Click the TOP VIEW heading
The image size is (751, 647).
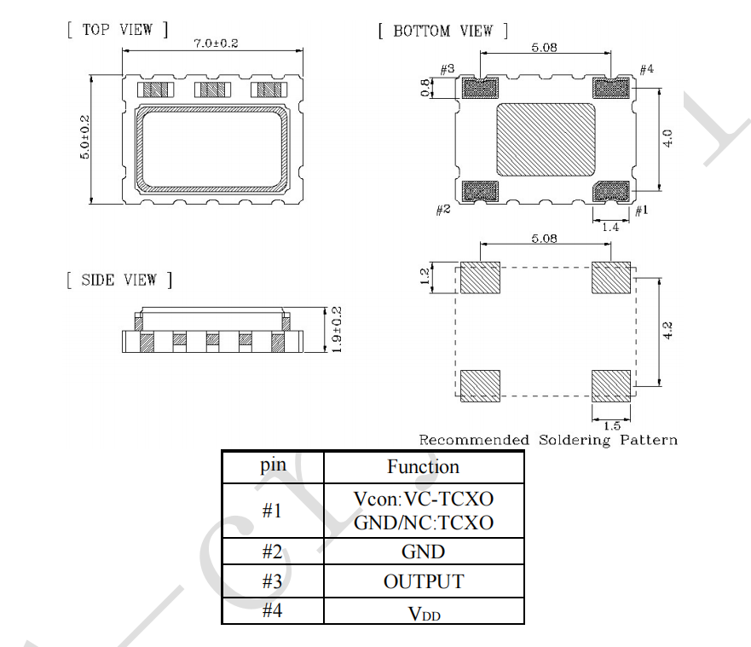117,30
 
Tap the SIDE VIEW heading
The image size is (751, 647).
118,280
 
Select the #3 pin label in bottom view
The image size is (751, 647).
448,68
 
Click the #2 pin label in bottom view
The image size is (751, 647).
443,210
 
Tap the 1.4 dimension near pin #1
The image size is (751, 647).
610,227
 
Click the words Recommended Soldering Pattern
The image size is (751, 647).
548,440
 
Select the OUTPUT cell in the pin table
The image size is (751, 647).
423,581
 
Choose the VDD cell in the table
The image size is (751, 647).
423,611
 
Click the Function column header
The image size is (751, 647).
423,467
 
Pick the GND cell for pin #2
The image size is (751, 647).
423,552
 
